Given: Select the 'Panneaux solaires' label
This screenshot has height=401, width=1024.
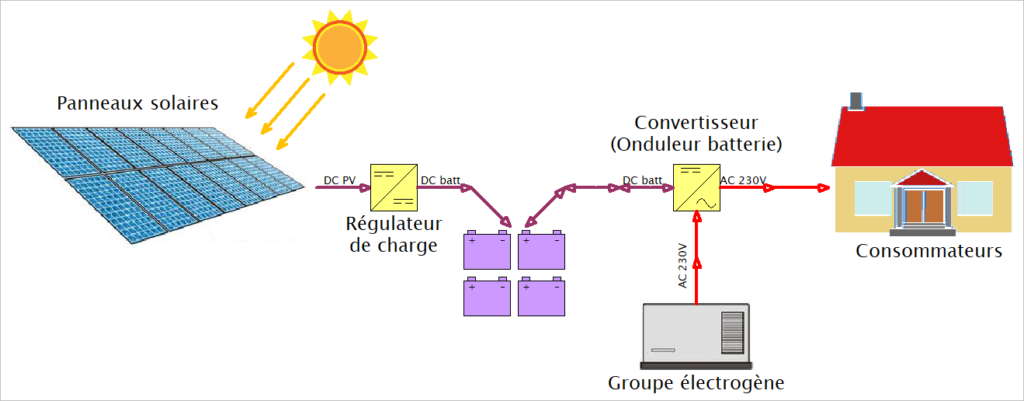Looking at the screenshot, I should (x=137, y=103).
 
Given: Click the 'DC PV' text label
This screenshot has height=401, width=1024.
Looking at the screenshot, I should (x=341, y=181).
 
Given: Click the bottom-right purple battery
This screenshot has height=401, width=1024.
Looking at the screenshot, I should (x=542, y=297).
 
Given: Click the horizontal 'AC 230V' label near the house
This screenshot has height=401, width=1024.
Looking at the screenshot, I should (x=743, y=181).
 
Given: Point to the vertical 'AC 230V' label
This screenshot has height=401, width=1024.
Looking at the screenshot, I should (x=684, y=265).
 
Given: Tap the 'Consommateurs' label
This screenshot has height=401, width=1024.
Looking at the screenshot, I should (x=928, y=250).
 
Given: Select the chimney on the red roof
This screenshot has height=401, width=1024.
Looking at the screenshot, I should (x=856, y=100).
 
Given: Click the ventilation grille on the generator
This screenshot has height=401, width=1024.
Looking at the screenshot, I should (x=733, y=327).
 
